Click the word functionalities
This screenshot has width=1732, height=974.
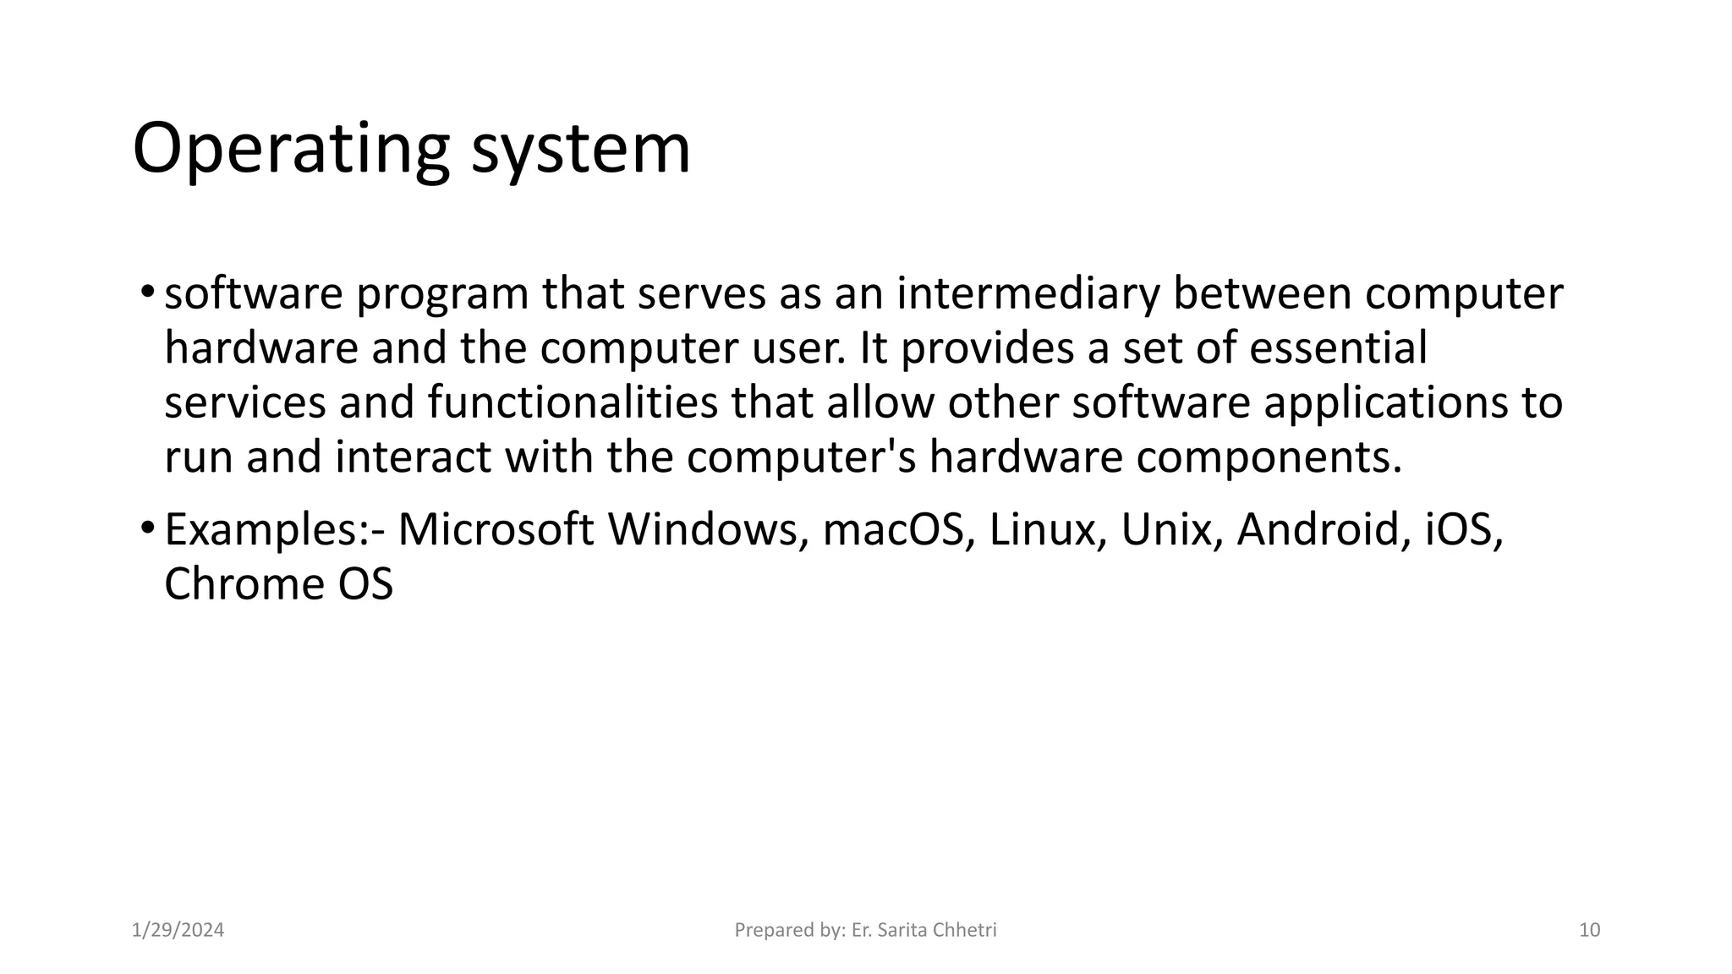click(573, 402)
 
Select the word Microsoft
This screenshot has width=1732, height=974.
click(496, 530)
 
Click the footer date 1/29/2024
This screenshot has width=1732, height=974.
click(178, 931)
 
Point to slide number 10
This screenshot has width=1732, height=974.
click(1590, 931)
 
